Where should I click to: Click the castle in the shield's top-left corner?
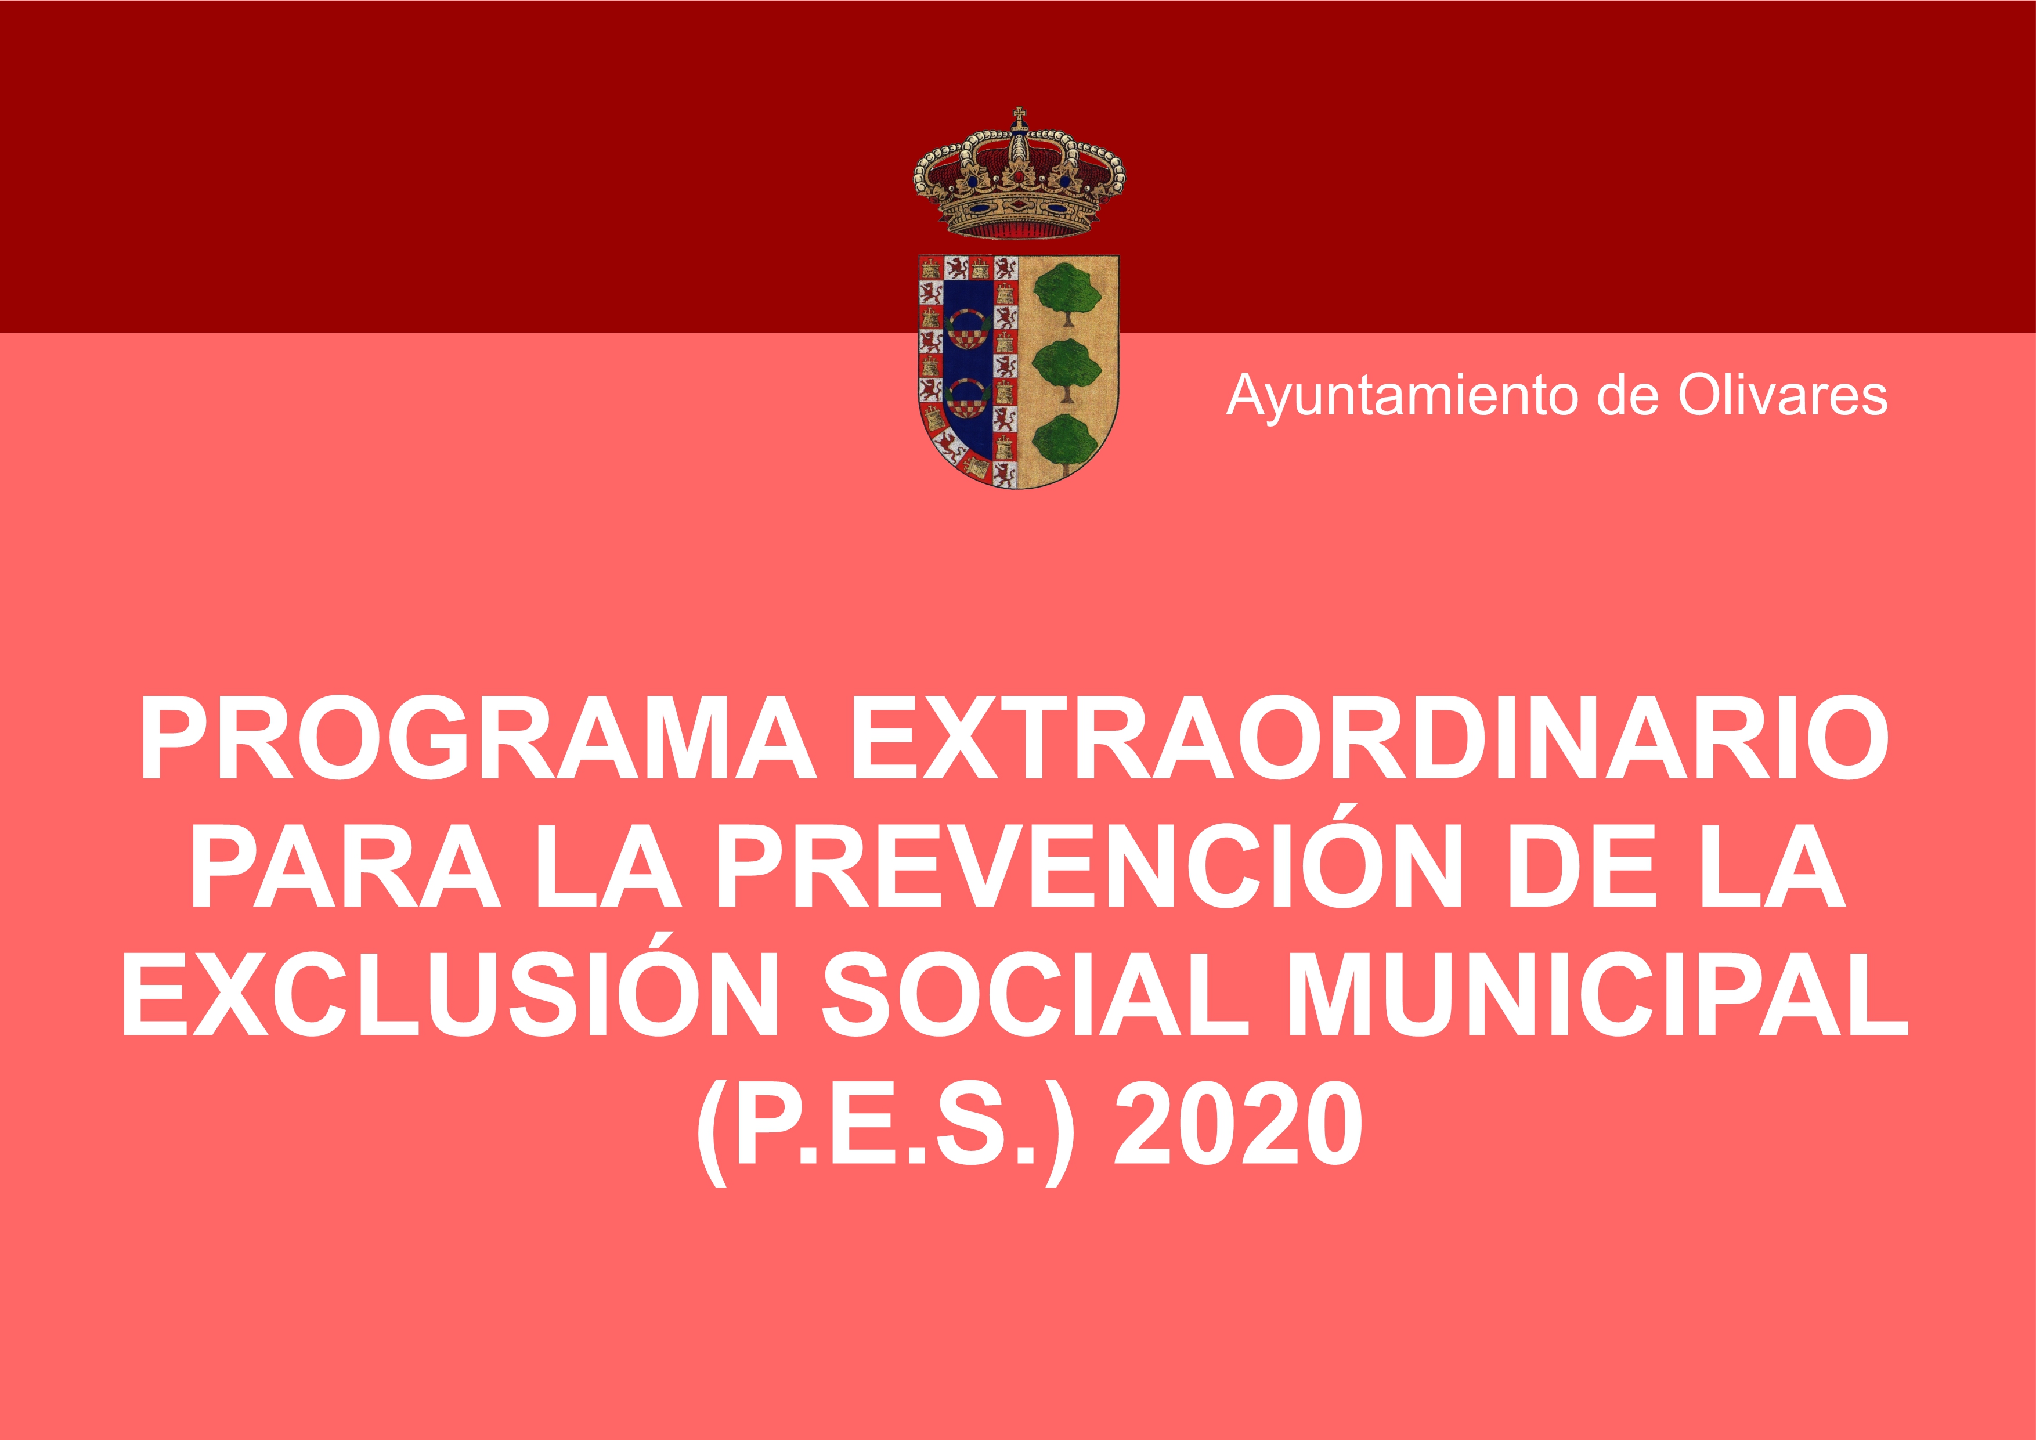coord(930,268)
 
